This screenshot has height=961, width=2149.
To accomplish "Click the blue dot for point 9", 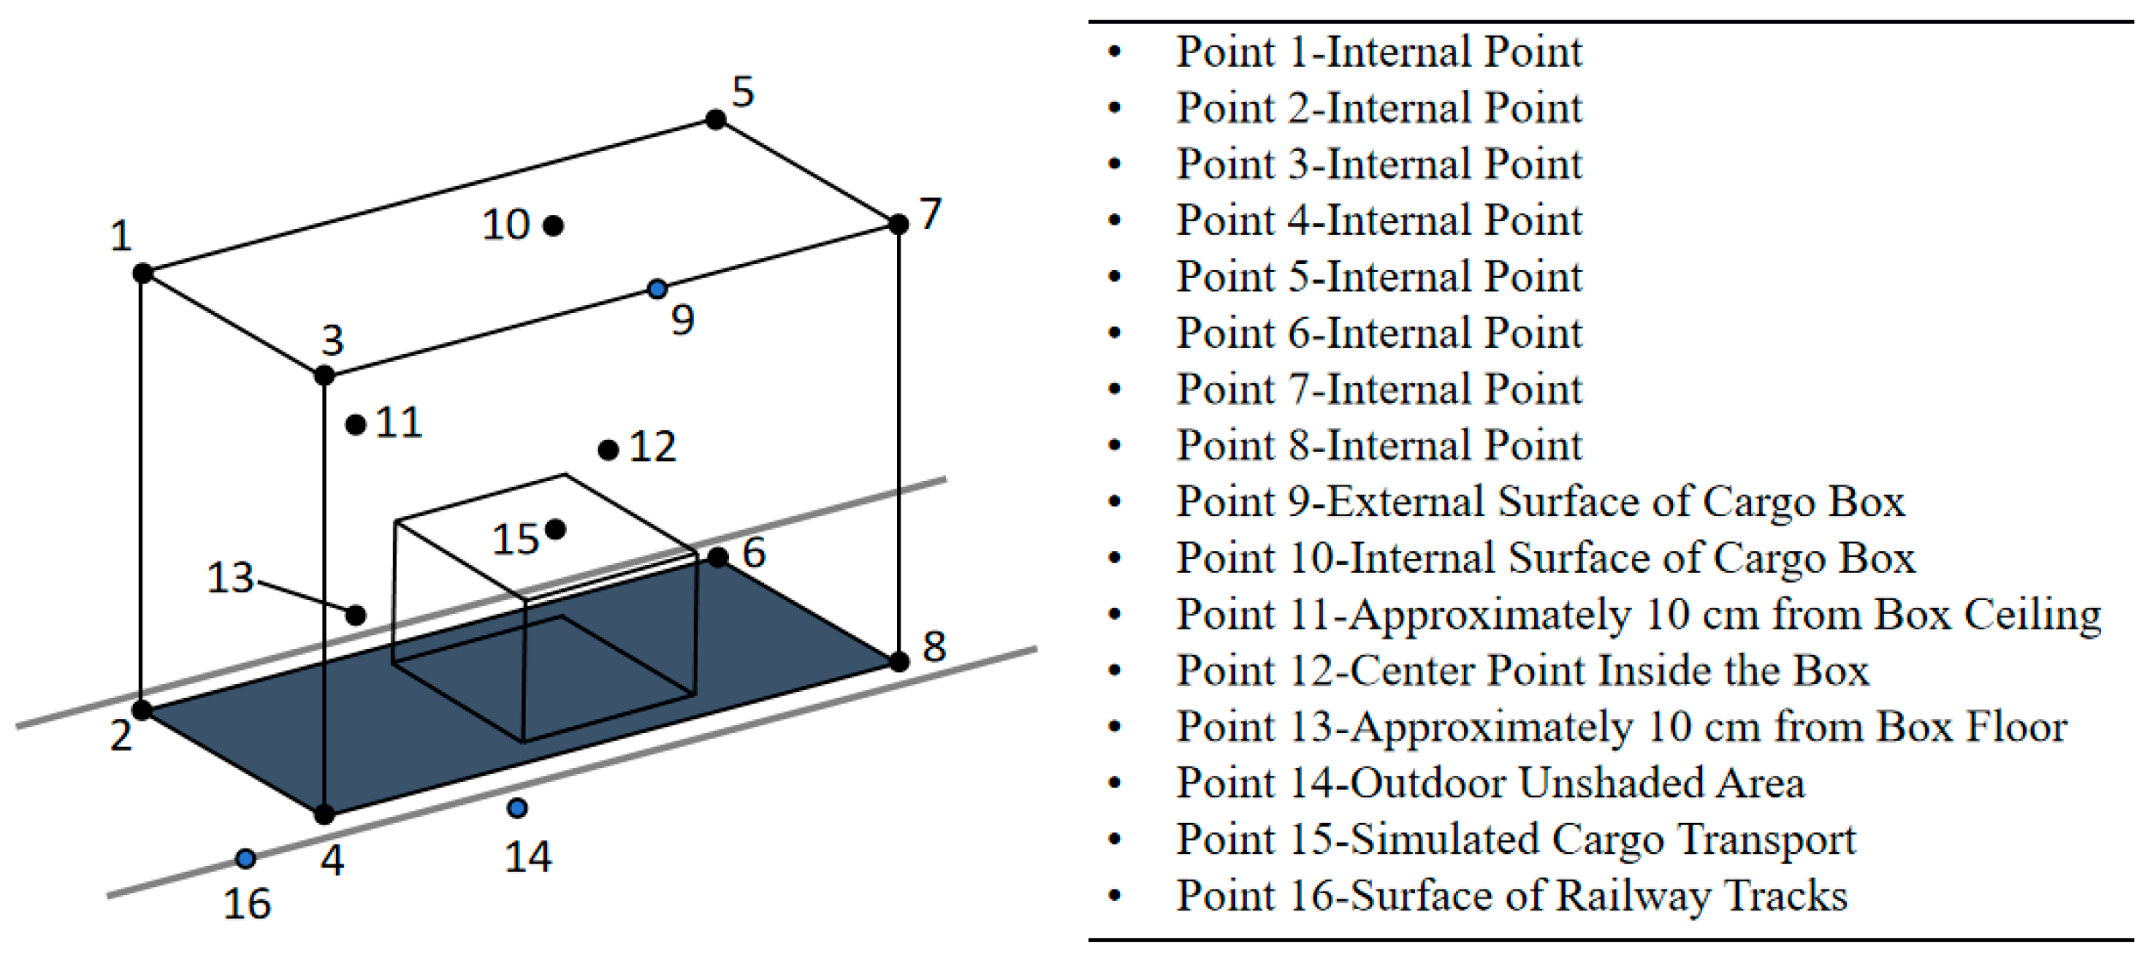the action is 657,289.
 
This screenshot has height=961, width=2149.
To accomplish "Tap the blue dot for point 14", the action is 517,808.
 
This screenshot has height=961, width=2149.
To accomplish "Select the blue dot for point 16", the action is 246,858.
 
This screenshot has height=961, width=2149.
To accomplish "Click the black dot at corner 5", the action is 716,119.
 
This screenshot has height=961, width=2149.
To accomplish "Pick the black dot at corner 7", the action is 899,225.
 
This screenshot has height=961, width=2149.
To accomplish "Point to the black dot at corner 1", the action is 143,273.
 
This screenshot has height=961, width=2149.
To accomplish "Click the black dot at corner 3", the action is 324,375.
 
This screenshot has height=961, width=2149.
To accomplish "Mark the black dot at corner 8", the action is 899,662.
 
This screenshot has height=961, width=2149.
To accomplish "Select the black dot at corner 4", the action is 324,814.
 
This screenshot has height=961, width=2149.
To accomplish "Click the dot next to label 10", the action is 554,225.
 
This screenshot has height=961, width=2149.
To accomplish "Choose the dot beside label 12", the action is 608,450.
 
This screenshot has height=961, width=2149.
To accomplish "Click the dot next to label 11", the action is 356,423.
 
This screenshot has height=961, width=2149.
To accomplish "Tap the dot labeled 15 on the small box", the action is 556,529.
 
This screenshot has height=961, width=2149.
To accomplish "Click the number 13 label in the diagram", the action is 230,578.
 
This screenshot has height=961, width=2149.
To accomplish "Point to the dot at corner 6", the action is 718,558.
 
